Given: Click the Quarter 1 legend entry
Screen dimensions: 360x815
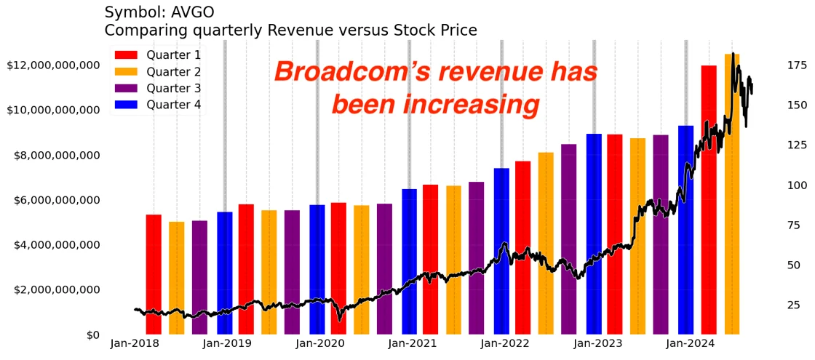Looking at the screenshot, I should pos(157,55).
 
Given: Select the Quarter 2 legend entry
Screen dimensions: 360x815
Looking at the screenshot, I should pos(157,72).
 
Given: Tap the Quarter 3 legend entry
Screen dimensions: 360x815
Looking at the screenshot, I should pos(157,89).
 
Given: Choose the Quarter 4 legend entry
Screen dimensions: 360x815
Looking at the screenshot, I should pos(157,105).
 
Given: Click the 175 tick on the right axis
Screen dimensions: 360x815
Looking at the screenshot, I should pos(797,65).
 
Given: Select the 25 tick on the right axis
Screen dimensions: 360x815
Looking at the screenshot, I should pos(793,305).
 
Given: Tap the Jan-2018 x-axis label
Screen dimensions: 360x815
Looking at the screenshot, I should pos(135,344).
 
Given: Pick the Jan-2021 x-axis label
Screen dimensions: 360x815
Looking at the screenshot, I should pos(412,344).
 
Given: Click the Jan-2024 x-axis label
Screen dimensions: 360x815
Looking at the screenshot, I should pos(691,344).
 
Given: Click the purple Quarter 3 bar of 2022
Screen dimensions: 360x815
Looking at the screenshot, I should pos(569,240).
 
